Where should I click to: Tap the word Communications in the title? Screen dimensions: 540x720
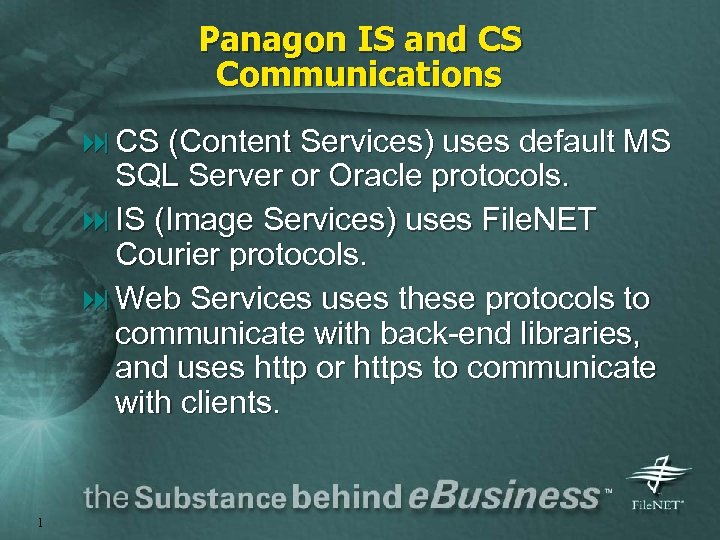point(359,75)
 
